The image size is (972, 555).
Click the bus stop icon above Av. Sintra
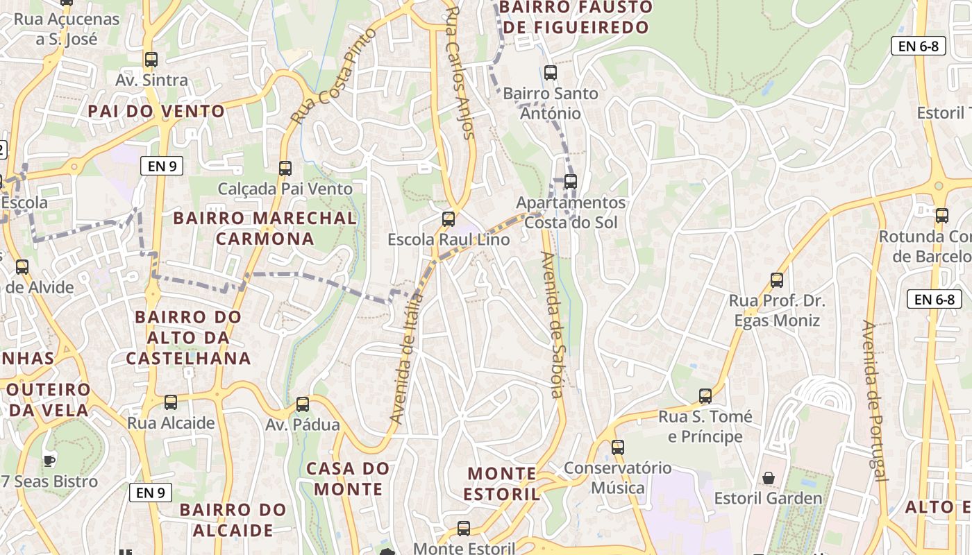[x=151, y=60]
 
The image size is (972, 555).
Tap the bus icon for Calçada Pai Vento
[x=285, y=168]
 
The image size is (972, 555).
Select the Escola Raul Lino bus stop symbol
[x=449, y=219]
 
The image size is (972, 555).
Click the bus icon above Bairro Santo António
[x=551, y=72]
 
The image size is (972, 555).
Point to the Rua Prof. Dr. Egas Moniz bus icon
[x=777, y=280]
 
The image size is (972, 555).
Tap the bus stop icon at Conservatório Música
[x=618, y=447]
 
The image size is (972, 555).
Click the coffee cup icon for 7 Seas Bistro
[x=49, y=460]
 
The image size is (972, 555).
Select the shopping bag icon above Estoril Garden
[x=769, y=478]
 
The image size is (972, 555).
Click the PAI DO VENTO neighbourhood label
[x=156, y=111]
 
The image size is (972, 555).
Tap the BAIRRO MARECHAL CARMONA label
[x=265, y=228]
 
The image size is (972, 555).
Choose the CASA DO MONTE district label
[x=348, y=479]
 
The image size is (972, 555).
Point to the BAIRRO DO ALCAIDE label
[x=233, y=520]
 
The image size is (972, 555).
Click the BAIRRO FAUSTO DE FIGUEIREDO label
[x=576, y=17]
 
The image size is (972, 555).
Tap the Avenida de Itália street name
[x=408, y=358]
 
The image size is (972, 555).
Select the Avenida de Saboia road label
[x=553, y=325]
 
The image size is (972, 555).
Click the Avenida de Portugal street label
[x=874, y=400]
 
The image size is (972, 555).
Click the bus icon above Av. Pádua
[x=303, y=404]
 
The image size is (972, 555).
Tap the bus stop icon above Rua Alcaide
[x=171, y=402]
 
